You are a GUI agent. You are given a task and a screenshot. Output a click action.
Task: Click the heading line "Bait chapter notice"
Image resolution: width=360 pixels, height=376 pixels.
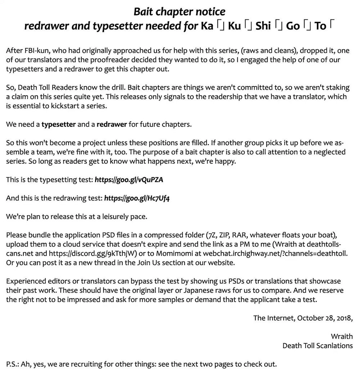[179, 12]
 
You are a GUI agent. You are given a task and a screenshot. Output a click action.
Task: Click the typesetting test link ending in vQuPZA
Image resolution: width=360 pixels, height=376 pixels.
[129, 180]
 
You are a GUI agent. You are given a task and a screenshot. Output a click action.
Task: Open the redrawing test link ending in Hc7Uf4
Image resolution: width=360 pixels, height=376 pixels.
[137, 198]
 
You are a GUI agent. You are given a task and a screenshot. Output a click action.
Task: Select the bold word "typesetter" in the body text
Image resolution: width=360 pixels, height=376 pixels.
[59, 125]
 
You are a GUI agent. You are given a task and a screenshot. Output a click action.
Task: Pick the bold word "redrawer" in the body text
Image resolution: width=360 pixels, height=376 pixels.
[112, 125]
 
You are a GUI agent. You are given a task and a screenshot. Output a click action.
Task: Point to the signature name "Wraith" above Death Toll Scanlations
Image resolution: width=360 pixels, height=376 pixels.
[342, 336]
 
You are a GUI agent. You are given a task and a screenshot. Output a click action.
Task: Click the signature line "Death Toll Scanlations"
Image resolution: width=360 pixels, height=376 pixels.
[318, 346]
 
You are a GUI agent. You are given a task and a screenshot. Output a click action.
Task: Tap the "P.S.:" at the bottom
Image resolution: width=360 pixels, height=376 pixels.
[13, 364]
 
